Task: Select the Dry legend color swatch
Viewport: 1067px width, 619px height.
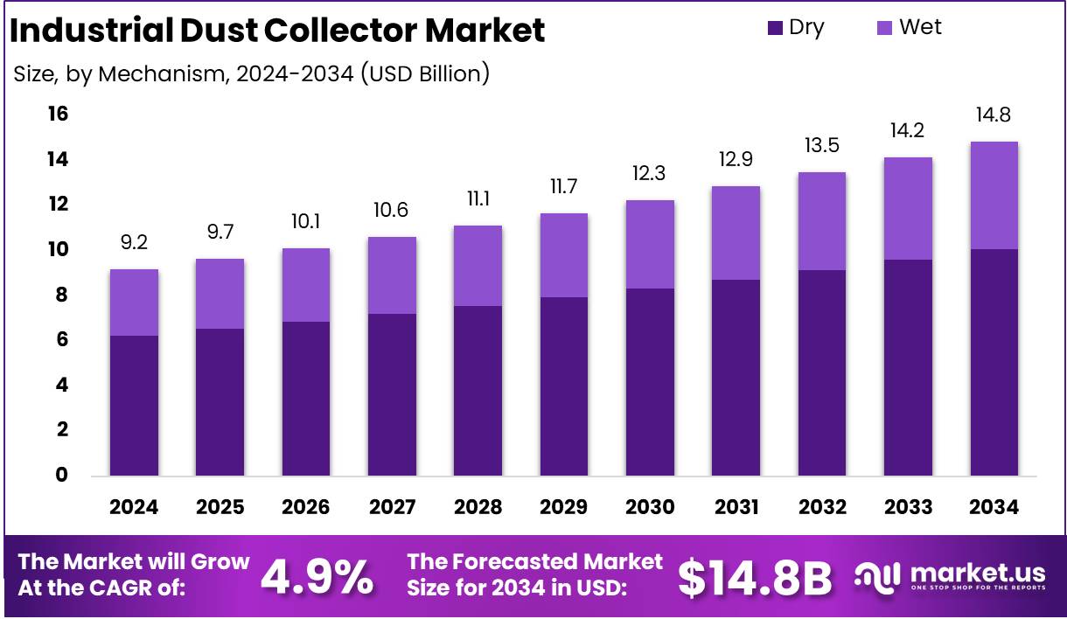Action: pos(775,28)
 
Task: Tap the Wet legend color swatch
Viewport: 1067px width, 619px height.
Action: pos(884,28)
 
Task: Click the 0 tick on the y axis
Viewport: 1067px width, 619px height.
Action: pos(61,475)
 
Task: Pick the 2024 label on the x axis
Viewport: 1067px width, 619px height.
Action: pos(134,508)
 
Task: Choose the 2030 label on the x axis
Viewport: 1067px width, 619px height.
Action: pos(650,508)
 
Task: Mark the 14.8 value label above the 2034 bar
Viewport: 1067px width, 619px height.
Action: pos(994,115)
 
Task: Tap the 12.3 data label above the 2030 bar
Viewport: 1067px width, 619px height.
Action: pos(650,173)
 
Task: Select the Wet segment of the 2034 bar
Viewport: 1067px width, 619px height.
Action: pos(994,195)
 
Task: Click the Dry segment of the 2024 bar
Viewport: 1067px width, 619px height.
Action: pos(134,405)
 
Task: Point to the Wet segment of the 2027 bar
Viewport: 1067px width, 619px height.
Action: pos(392,275)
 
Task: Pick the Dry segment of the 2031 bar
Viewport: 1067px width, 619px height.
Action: pos(736,377)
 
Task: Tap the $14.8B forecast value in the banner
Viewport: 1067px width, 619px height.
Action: pos(755,577)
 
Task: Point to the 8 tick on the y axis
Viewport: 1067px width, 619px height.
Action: pos(61,296)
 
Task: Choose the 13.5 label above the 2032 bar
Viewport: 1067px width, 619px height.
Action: pos(821,145)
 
